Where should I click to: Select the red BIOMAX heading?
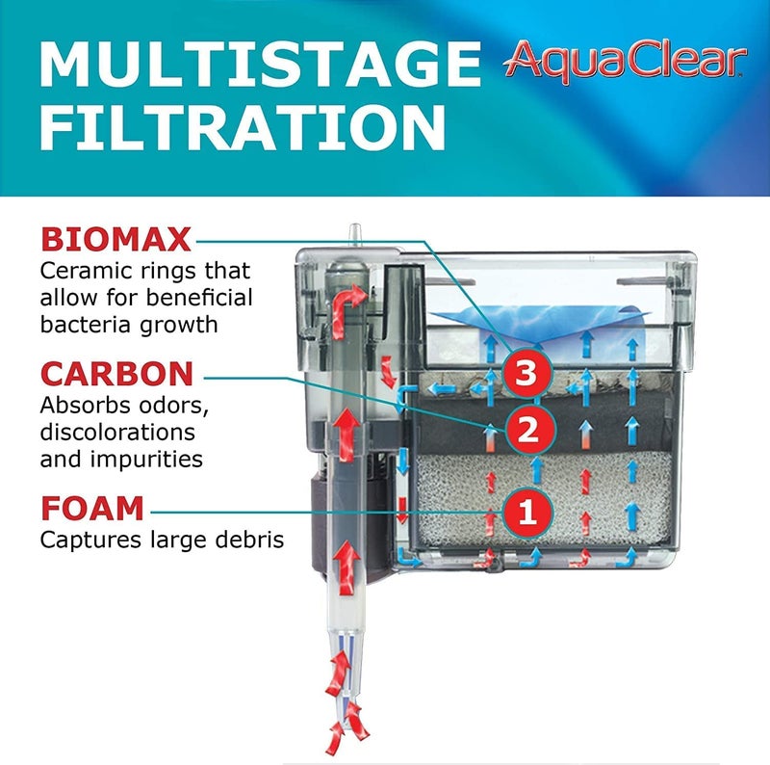pos(115,238)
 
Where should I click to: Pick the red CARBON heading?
pos(116,374)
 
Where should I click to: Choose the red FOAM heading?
pos(92,508)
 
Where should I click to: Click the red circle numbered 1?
pos(526,508)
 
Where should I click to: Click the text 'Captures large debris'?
pos(162,540)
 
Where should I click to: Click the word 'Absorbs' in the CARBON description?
pos(85,405)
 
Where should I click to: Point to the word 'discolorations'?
pos(117,432)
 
